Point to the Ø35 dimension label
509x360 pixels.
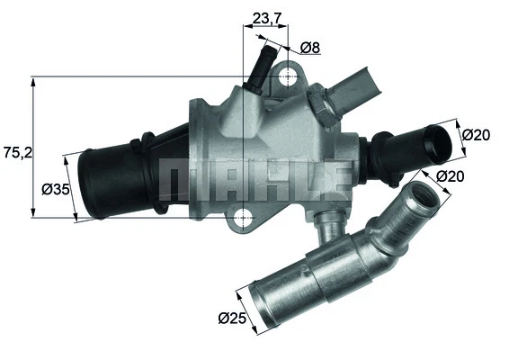click(57, 189)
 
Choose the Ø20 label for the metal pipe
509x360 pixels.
click(451, 177)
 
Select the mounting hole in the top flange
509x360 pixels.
click(288, 76)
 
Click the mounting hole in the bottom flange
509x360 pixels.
click(244, 216)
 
